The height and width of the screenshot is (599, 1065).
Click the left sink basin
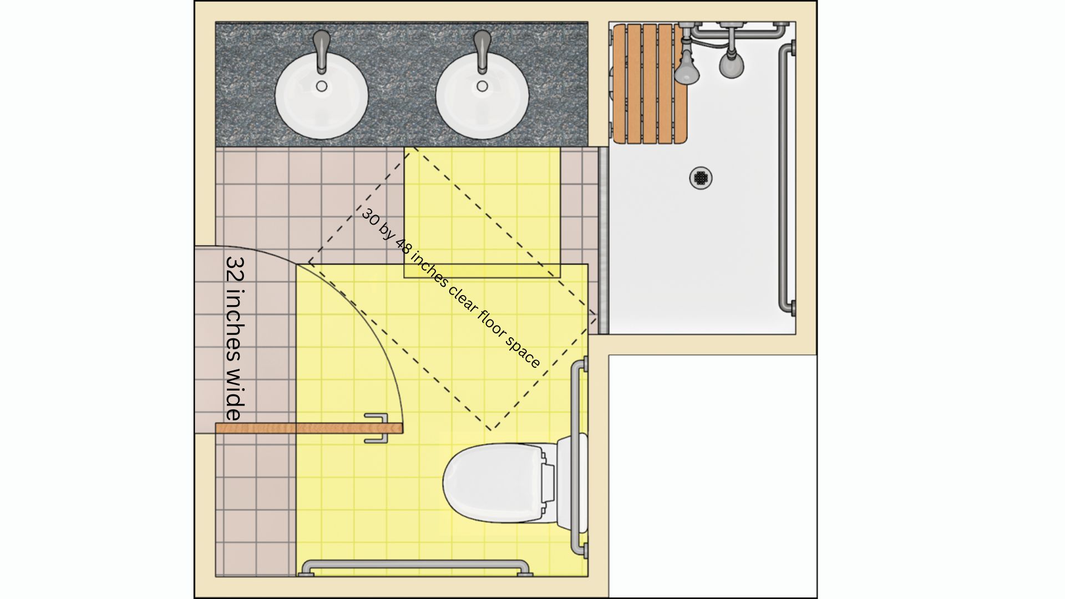(x=322, y=95)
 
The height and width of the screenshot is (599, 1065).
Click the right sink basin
(x=482, y=95)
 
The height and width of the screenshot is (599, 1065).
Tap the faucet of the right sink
(x=483, y=52)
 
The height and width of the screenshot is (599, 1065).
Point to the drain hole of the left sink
(x=322, y=86)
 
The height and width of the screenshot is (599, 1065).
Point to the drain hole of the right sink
(x=483, y=86)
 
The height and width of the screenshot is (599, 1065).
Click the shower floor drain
(x=701, y=178)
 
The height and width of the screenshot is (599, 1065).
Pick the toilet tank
(x=565, y=483)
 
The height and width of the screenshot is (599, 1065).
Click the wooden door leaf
(x=309, y=428)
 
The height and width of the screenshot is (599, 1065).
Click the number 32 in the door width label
(x=235, y=269)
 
